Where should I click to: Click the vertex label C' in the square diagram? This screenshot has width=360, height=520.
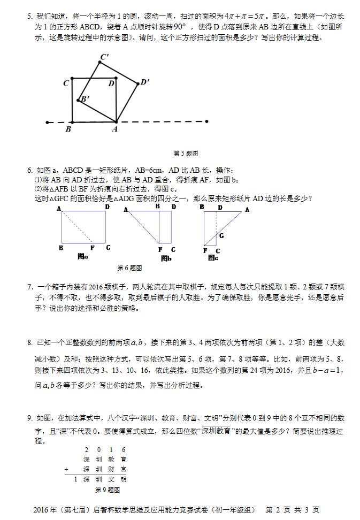click(x=104, y=57)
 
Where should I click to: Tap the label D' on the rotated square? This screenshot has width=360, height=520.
click(x=144, y=82)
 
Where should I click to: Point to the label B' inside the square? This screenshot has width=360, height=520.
click(x=85, y=99)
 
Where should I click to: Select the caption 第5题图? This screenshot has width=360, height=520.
click(x=186, y=154)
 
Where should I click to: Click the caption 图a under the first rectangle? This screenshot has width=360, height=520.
click(x=83, y=257)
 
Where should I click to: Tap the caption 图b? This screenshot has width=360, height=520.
click(x=166, y=258)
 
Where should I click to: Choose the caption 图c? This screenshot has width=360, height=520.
click(x=213, y=258)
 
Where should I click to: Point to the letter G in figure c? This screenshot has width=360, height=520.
click(x=221, y=235)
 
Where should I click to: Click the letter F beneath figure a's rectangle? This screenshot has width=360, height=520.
click(x=92, y=248)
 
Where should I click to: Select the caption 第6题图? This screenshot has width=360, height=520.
click(x=129, y=267)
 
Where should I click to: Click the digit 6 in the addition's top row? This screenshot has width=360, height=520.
click(x=124, y=450)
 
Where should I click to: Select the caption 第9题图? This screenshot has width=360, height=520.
click(x=107, y=490)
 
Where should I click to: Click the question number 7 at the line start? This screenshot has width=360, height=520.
click(x=30, y=287)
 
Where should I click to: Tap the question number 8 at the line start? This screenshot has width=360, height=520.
click(x=30, y=342)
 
